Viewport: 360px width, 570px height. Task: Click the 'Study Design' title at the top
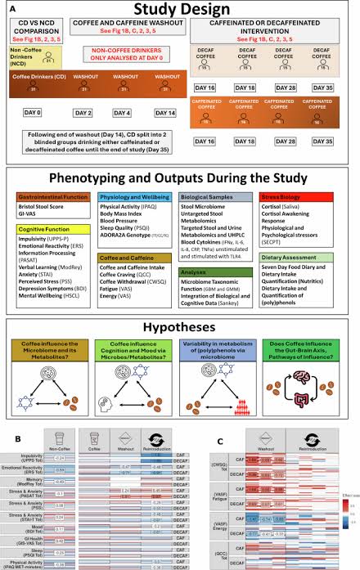179,11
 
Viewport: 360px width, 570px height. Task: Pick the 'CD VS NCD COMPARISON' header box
37,31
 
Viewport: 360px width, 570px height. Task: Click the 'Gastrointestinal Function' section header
48,195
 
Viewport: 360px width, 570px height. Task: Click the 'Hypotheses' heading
179,323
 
